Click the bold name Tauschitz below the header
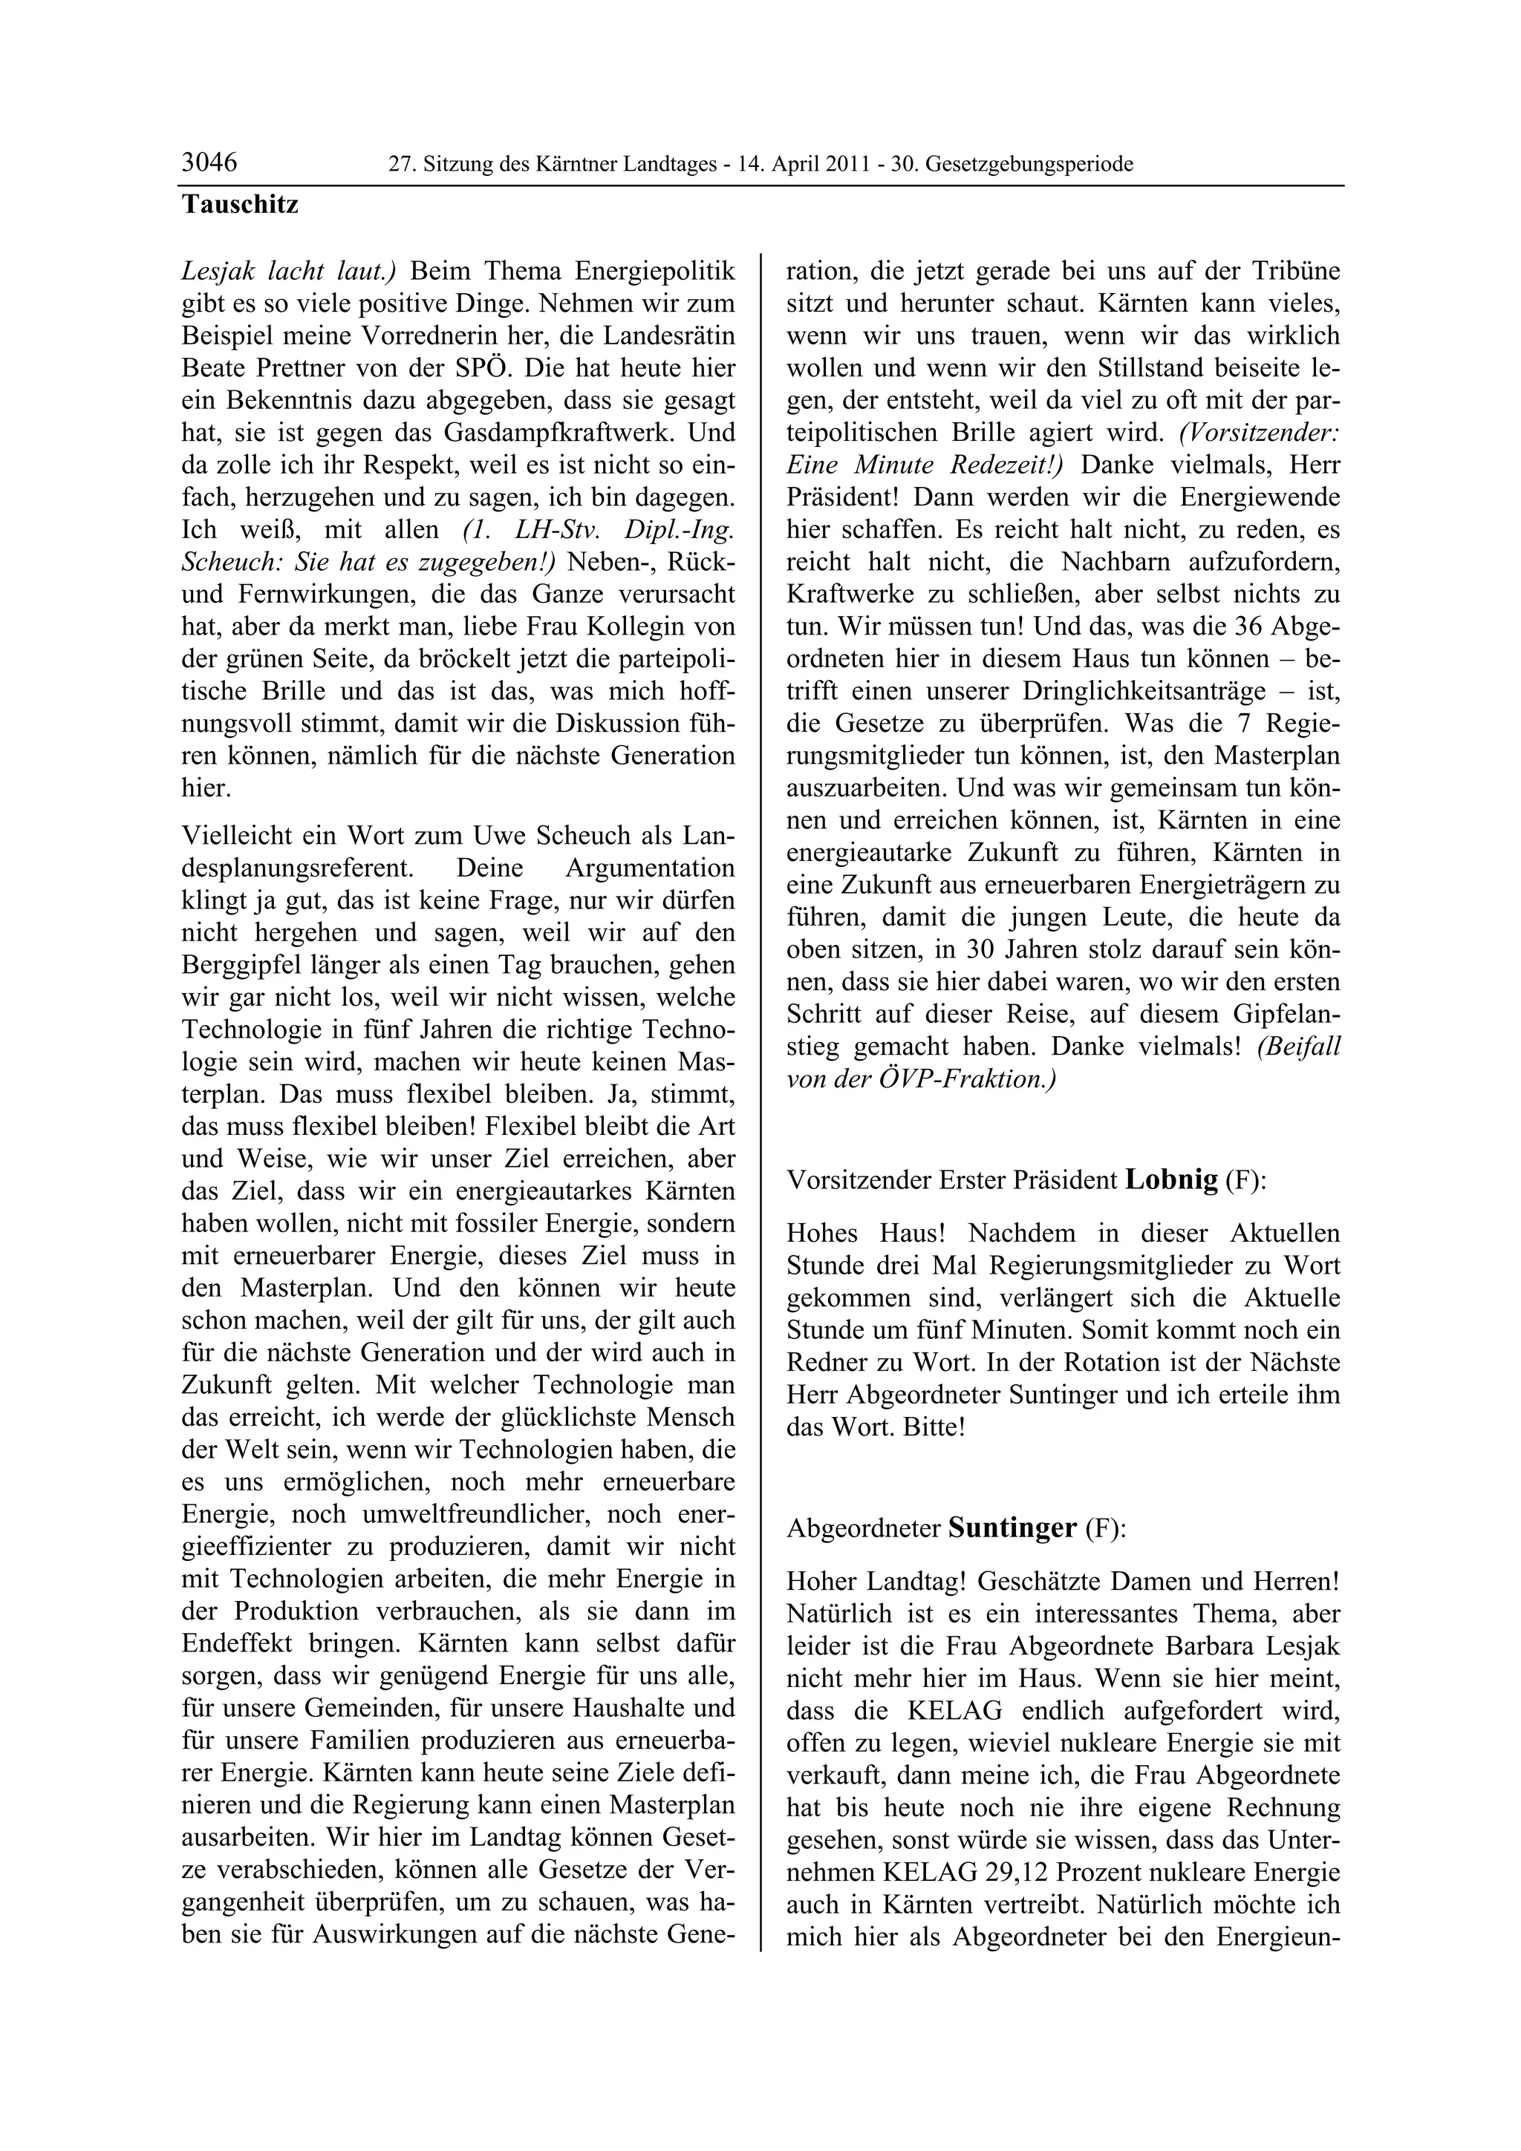coord(240,205)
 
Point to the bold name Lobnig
coord(1170,1179)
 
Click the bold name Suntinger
coord(1012,1528)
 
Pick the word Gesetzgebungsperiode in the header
coord(1029,165)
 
